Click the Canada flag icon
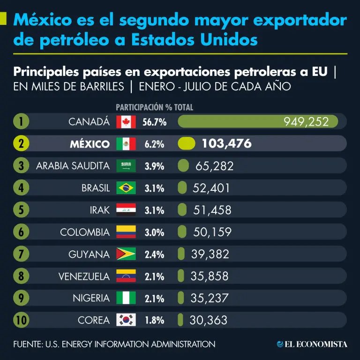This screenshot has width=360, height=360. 126,122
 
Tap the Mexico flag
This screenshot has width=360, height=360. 126,144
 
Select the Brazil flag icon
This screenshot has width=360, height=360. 126,188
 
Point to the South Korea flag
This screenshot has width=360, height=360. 126,320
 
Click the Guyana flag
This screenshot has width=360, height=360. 126,254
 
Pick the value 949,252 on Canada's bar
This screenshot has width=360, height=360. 310,122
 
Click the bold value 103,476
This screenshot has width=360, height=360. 226,144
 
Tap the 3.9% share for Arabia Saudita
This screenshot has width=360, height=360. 154,166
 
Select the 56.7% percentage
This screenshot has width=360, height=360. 154,122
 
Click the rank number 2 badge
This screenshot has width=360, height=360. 21,144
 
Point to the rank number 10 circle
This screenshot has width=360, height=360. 21,320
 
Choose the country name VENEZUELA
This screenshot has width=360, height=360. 84,276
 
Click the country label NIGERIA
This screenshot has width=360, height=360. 91,298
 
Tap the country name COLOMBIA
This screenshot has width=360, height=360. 85,232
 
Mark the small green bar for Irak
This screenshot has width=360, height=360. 182,210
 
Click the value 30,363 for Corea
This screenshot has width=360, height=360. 209,320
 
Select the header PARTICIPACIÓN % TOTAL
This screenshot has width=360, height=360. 154,107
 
